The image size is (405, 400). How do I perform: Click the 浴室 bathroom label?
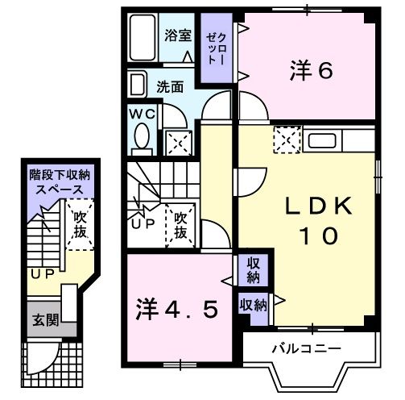(x=178, y=35)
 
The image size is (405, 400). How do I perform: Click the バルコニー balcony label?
(x=305, y=349)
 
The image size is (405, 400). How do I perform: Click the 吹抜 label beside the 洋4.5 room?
(x=182, y=225)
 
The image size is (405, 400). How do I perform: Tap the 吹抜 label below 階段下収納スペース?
(x=78, y=224)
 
